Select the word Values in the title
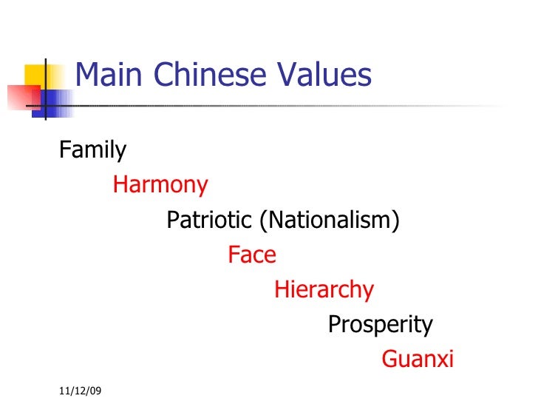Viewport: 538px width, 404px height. click(327, 75)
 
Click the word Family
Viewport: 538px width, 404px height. click(92, 151)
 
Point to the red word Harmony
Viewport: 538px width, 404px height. click(160, 185)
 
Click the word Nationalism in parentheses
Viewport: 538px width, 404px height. click(328, 220)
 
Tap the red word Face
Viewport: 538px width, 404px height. click(252, 255)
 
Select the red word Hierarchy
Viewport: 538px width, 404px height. click(324, 290)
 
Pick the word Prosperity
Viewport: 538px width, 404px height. click(380, 324)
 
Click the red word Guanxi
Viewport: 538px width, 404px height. click(418, 360)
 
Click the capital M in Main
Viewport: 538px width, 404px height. click(87, 75)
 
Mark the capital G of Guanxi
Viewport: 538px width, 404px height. click(389, 360)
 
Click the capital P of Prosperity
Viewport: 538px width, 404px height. click(334, 324)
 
